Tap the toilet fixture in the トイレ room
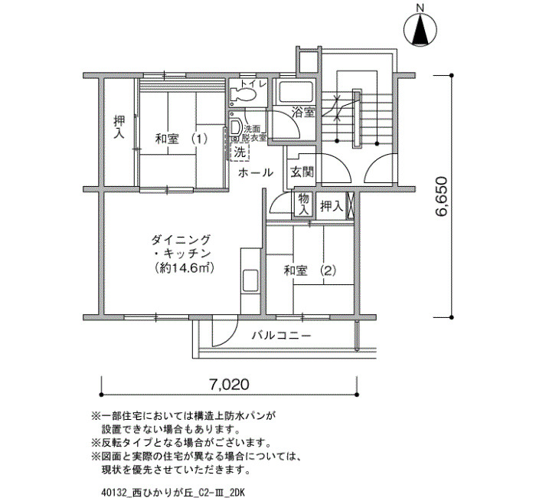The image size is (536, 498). click(243, 93)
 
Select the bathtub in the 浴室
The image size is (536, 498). click(296, 92)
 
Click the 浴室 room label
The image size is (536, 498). click(303, 112)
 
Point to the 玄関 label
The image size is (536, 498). click(302, 172)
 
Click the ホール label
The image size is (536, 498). click(255, 172)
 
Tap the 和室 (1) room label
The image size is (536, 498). click(181, 139)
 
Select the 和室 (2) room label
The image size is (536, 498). click(310, 271)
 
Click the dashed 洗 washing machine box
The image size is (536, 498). click(240, 152)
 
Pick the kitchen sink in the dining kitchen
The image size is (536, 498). click(250, 280)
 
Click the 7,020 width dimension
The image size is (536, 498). click(229, 385)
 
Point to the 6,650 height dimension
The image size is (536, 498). click(441, 196)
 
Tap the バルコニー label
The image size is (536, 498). click(282, 335)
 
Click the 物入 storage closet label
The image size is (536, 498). click(303, 204)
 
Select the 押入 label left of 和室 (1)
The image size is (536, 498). click(119, 127)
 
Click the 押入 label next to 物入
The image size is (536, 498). click(332, 206)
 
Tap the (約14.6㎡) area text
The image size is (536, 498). click(184, 268)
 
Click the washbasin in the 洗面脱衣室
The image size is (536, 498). click(236, 128)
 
